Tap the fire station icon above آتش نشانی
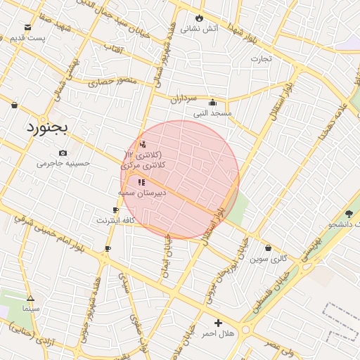(200, 18)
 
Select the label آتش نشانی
(200, 30)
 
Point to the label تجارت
(261, 59)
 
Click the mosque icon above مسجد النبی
(213, 102)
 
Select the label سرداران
(185, 100)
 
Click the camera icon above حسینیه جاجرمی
(63, 153)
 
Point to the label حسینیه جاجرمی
(64, 163)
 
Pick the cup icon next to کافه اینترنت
(115, 210)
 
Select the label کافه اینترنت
(115, 220)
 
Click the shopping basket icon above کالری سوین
(269, 247)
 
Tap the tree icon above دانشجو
(349, 214)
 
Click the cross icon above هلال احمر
(218, 323)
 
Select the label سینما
(30, 308)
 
